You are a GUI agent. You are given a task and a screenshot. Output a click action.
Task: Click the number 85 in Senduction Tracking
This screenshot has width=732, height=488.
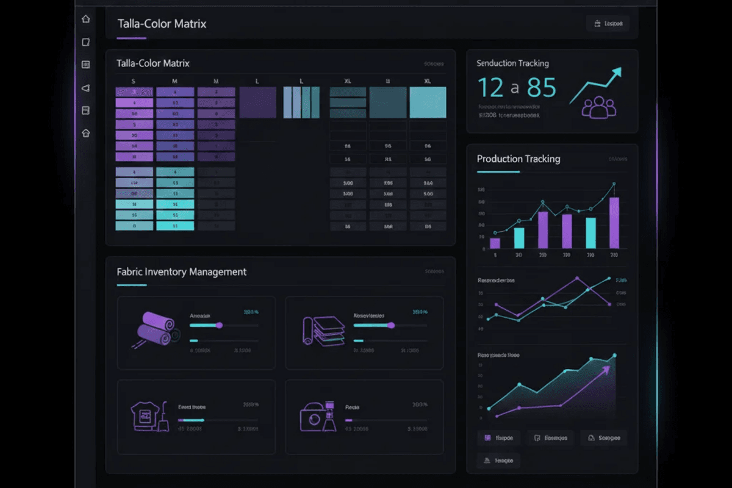click(542, 88)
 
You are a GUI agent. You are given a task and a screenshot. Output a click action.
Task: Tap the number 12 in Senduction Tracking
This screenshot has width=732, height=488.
click(490, 88)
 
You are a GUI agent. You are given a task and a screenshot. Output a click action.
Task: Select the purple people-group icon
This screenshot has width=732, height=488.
click(599, 107)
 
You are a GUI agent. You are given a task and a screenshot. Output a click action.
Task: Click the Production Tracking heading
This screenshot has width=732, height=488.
click(518, 159)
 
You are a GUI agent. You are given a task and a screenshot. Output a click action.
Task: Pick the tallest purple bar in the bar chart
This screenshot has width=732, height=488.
click(614, 223)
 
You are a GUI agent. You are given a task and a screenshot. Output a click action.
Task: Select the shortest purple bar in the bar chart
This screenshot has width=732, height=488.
click(495, 243)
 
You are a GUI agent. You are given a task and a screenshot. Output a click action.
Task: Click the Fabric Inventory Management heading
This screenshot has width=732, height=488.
click(181, 272)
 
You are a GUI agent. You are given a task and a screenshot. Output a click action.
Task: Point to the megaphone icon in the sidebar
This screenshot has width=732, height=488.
click(85, 88)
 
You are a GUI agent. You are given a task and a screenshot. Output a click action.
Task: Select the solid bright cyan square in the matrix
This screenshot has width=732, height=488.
click(428, 102)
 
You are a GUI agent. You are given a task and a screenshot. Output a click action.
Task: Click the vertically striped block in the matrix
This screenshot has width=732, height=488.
click(301, 102)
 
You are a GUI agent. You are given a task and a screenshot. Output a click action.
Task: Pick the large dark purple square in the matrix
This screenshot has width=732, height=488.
click(257, 102)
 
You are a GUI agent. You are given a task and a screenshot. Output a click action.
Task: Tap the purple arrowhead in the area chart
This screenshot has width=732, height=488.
click(605, 369)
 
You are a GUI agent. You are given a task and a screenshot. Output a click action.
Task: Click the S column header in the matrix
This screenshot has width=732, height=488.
click(134, 81)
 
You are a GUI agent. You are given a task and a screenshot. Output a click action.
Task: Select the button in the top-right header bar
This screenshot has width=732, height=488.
click(608, 24)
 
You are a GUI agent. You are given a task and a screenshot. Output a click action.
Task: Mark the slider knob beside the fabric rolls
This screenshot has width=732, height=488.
click(219, 326)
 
